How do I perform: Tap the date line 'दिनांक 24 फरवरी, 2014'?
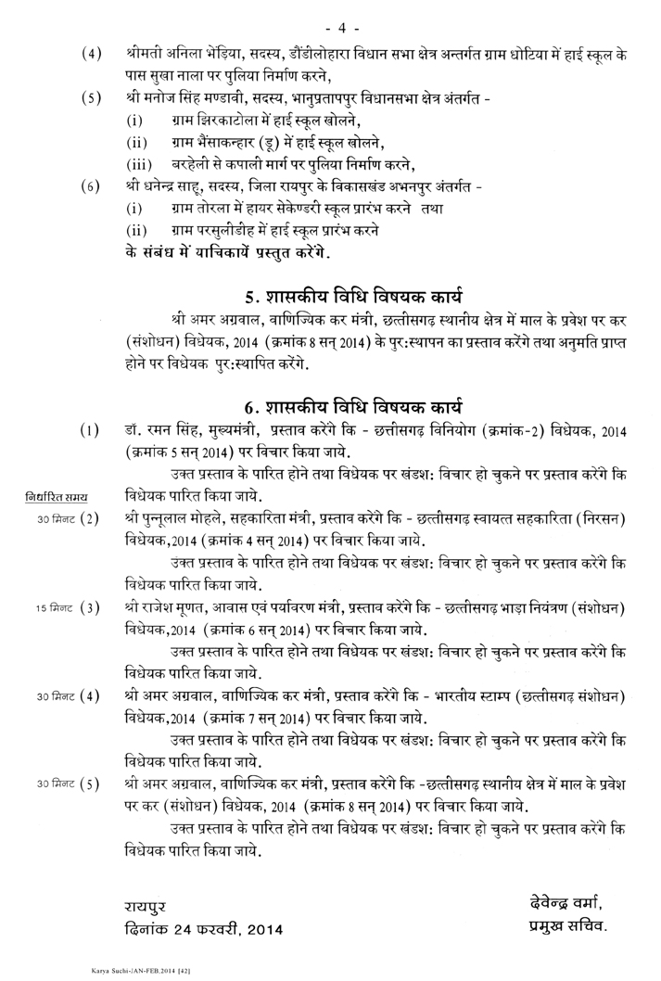[202, 928]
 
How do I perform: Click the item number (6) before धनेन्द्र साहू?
[90, 185]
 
